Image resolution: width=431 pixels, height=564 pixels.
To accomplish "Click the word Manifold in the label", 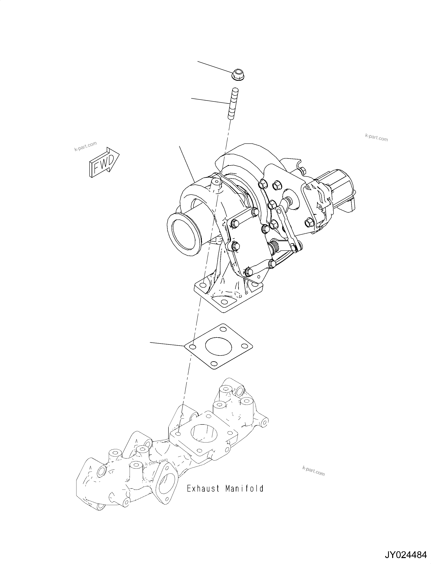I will [245, 488].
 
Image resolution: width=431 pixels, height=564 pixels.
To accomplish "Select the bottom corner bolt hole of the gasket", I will [213, 364].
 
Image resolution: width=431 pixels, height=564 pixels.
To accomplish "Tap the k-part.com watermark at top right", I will [376, 138].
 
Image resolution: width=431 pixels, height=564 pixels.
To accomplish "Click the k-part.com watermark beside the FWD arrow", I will [85, 146].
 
